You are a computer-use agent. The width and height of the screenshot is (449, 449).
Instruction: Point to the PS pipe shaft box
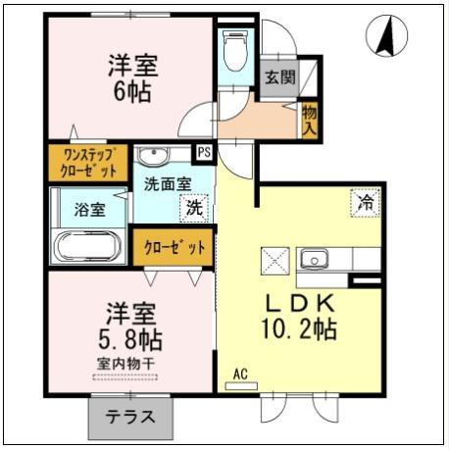(x=204, y=152)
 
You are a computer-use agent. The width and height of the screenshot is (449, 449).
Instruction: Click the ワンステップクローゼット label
(x=89, y=162)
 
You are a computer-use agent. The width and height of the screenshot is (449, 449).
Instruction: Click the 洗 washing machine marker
(x=194, y=207)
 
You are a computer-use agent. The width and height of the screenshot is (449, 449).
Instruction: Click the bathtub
(x=87, y=245)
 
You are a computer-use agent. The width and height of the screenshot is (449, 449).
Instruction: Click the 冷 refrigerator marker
(x=365, y=203)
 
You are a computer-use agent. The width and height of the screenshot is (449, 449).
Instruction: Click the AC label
(x=241, y=374)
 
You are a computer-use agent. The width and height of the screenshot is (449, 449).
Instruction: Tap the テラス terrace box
(x=128, y=416)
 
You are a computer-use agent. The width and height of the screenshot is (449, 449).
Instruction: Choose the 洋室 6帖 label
(x=133, y=78)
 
